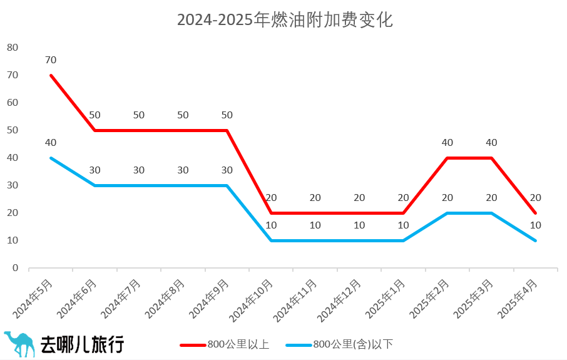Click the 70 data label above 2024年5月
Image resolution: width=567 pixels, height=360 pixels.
pyautogui.click(x=51, y=60)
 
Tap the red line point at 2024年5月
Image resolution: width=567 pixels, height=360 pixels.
pyautogui.click(x=51, y=75)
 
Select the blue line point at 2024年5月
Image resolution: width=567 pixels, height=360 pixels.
pyautogui.click(x=51, y=158)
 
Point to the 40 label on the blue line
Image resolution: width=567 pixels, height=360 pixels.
pyautogui.click(x=51, y=143)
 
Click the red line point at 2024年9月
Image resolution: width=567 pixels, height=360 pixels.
pyautogui.click(x=227, y=130)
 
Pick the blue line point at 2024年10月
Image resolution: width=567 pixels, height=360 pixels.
pyautogui.click(x=271, y=240)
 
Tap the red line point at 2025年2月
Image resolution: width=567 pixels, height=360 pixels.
pyautogui.click(x=447, y=158)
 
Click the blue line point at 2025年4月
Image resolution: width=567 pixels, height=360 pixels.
pyautogui.click(x=536, y=240)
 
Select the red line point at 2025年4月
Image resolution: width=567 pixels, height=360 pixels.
pyautogui.click(x=536, y=213)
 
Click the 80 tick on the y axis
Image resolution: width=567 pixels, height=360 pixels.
pyautogui.click(x=13, y=48)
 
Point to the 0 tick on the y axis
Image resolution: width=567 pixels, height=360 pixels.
pyautogui.click(x=16, y=268)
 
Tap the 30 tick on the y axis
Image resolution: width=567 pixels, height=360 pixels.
pyautogui.click(x=13, y=185)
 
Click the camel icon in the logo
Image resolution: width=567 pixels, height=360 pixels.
pyautogui.click(x=19, y=344)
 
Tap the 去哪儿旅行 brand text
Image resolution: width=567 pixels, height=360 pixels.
pyautogui.click(x=82, y=344)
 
